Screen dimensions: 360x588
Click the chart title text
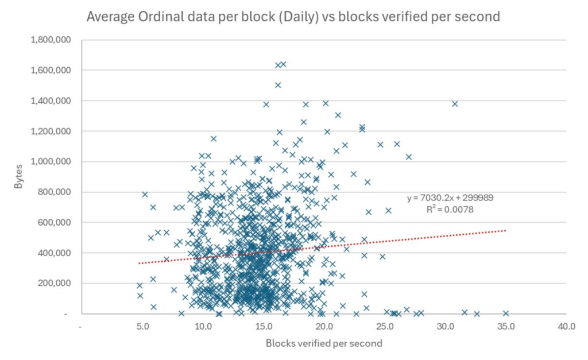click(x=293, y=17)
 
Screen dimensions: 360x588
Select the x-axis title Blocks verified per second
click(x=324, y=343)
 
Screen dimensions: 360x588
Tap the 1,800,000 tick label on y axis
click(x=49, y=40)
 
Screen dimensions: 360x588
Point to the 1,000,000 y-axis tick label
click(x=49, y=162)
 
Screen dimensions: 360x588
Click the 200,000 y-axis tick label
click(x=53, y=284)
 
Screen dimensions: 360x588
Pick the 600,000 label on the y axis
click(x=53, y=223)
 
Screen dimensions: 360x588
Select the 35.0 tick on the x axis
click(x=506, y=327)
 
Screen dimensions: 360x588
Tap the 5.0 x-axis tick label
click(x=142, y=327)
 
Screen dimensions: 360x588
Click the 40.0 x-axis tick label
click(x=566, y=327)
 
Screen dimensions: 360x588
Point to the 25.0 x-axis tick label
click(x=385, y=327)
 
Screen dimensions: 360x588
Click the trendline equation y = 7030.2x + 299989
click(x=450, y=198)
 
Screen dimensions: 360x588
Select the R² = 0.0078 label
click(x=450, y=210)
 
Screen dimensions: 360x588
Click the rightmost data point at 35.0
click(x=506, y=313)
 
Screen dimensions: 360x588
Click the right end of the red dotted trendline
click(x=505, y=231)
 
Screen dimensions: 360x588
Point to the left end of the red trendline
click(x=140, y=263)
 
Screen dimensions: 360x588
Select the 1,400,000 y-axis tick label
click(x=49, y=101)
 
